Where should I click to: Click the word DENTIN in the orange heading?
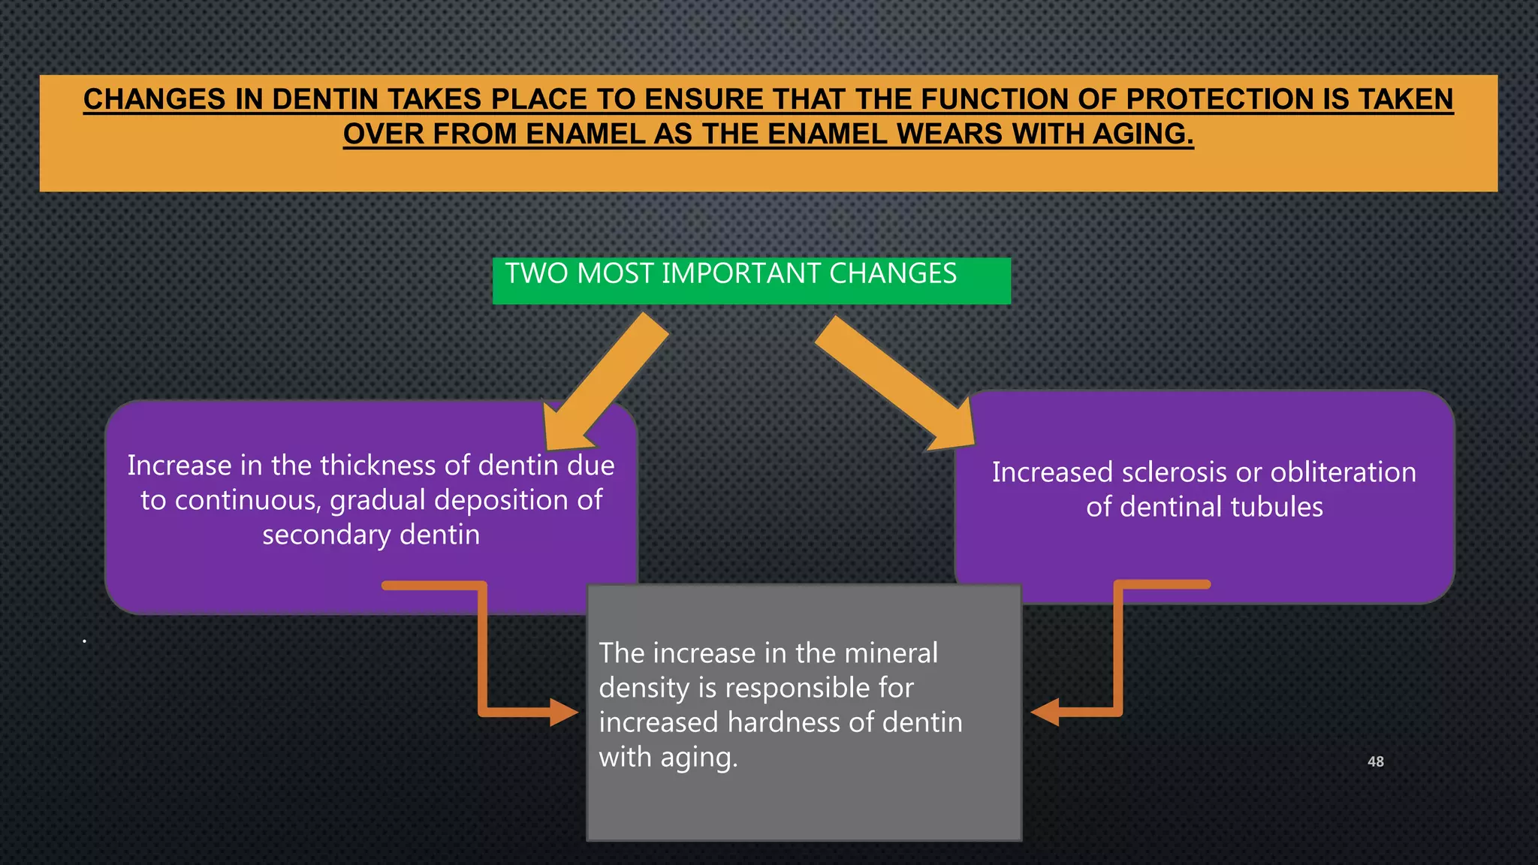coord(324,100)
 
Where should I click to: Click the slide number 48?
coord(1375,761)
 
